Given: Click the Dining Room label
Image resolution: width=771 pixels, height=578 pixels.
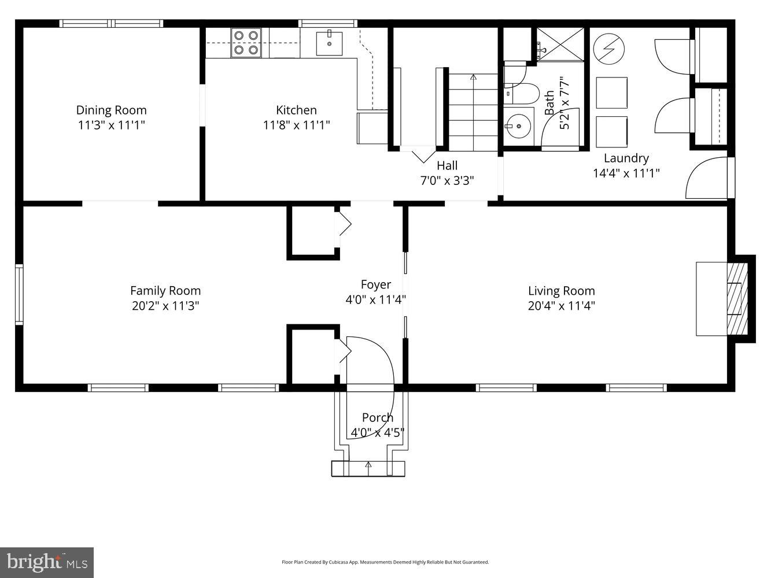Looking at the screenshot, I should coord(111,110).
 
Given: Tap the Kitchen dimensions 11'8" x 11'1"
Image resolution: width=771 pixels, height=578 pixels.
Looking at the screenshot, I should coord(296,125).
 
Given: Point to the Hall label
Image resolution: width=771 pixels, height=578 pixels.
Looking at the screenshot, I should coord(447,165).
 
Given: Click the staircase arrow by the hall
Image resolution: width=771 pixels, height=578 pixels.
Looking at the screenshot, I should coord(473,77).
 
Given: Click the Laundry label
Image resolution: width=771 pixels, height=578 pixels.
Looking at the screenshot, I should coord(626,158).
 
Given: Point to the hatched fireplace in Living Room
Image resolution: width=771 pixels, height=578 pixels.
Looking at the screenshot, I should coord(737,298).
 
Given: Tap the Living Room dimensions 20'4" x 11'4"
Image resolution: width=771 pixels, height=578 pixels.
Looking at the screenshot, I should coord(561,306).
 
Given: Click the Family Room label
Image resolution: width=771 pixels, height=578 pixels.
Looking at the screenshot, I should coord(165,291).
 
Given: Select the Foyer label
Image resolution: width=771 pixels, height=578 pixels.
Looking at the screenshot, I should coord(375,284).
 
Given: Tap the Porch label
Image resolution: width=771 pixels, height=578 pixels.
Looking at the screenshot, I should coord(377,417).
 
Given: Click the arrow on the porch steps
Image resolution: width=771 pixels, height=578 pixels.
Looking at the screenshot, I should coord(368,465).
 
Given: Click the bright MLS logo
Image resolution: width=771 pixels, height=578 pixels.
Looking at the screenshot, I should coord(47,562).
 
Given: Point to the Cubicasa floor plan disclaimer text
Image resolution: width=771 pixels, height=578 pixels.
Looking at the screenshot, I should coord(385,562).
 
